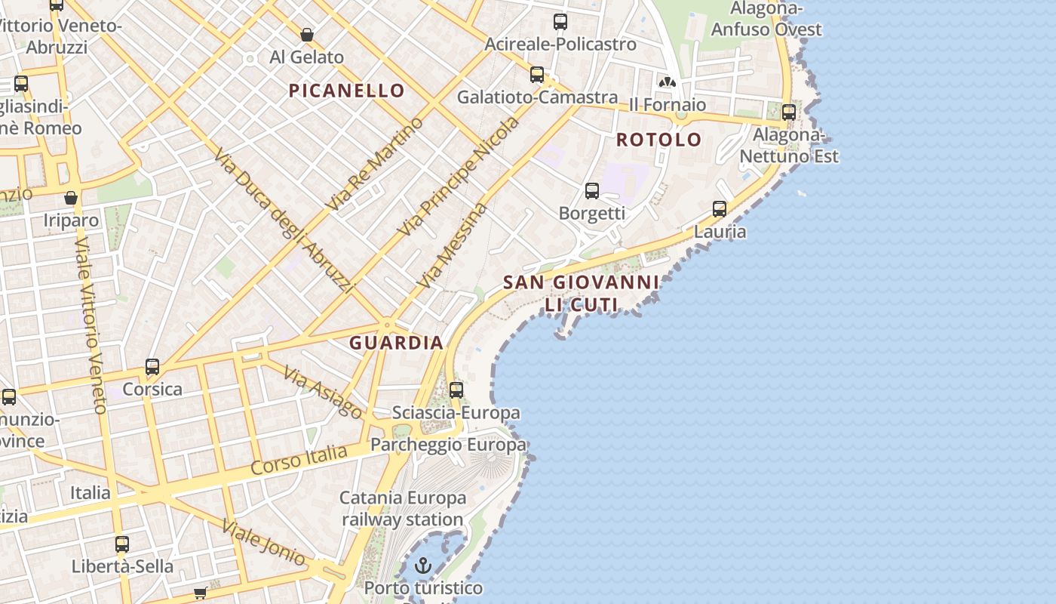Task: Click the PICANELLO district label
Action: coord(347,91)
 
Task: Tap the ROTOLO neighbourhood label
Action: coord(658,140)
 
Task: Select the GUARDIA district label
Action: coord(396,343)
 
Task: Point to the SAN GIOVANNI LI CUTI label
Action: coord(581,293)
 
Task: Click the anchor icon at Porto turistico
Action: coord(423,565)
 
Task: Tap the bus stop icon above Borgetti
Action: coord(592,191)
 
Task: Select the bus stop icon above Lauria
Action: coord(720,209)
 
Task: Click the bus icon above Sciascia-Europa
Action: coord(456,390)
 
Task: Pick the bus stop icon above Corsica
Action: coord(152,368)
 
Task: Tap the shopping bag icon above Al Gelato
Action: coord(307,35)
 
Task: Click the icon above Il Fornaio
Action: coord(667,82)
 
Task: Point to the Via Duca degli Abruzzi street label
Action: coord(284,220)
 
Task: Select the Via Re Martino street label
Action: coord(374,165)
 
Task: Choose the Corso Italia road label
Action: coord(299,460)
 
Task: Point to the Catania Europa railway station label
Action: coord(403,509)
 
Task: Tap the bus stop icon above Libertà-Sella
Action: coord(122,544)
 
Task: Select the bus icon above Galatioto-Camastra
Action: coord(537,75)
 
